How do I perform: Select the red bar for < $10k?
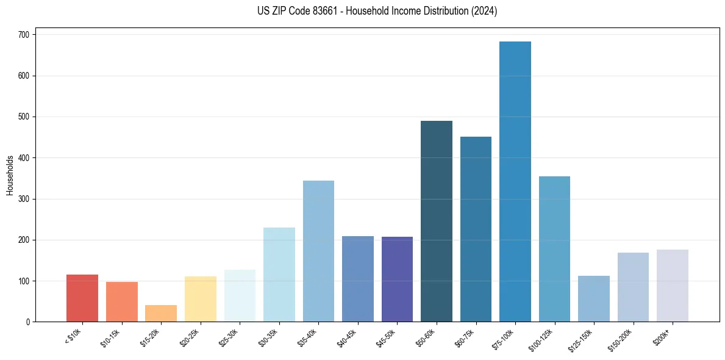82,298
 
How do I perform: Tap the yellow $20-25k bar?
201,299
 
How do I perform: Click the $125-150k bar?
594,299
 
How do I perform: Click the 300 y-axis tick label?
25,199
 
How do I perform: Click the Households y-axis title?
10,175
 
